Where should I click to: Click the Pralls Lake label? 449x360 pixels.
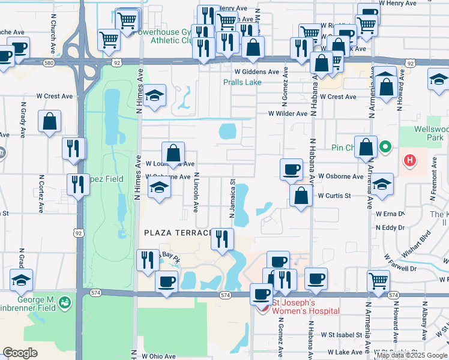(x=243, y=82)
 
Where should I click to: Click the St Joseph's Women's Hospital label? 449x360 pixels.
(x=297, y=306)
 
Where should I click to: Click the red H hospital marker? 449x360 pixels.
(x=410, y=160)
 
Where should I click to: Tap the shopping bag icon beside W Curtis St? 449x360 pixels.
(x=301, y=196)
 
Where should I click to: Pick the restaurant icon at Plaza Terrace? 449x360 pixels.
(x=223, y=239)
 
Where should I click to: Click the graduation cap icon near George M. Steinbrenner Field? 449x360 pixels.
(x=21, y=280)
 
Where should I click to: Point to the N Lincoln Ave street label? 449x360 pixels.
(x=196, y=193)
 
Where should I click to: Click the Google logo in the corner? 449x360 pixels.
(x=20, y=353)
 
